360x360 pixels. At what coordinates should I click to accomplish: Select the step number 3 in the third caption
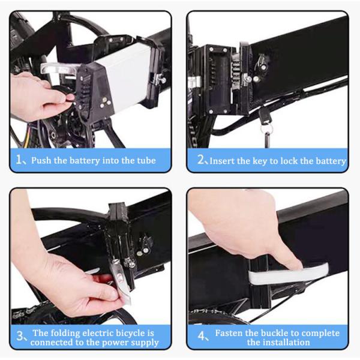click(x=19, y=337)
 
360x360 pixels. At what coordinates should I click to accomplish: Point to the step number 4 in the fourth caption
click(x=200, y=337)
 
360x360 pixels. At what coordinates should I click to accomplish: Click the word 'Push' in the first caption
click(x=43, y=160)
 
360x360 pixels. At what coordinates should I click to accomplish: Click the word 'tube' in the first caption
click(x=144, y=160)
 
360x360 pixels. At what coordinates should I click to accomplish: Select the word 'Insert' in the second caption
click(x=223, y=160)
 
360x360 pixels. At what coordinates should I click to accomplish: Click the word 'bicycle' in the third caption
click(x=131, y=332)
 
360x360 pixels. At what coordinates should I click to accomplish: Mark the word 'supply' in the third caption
click(x=143, y=343)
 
